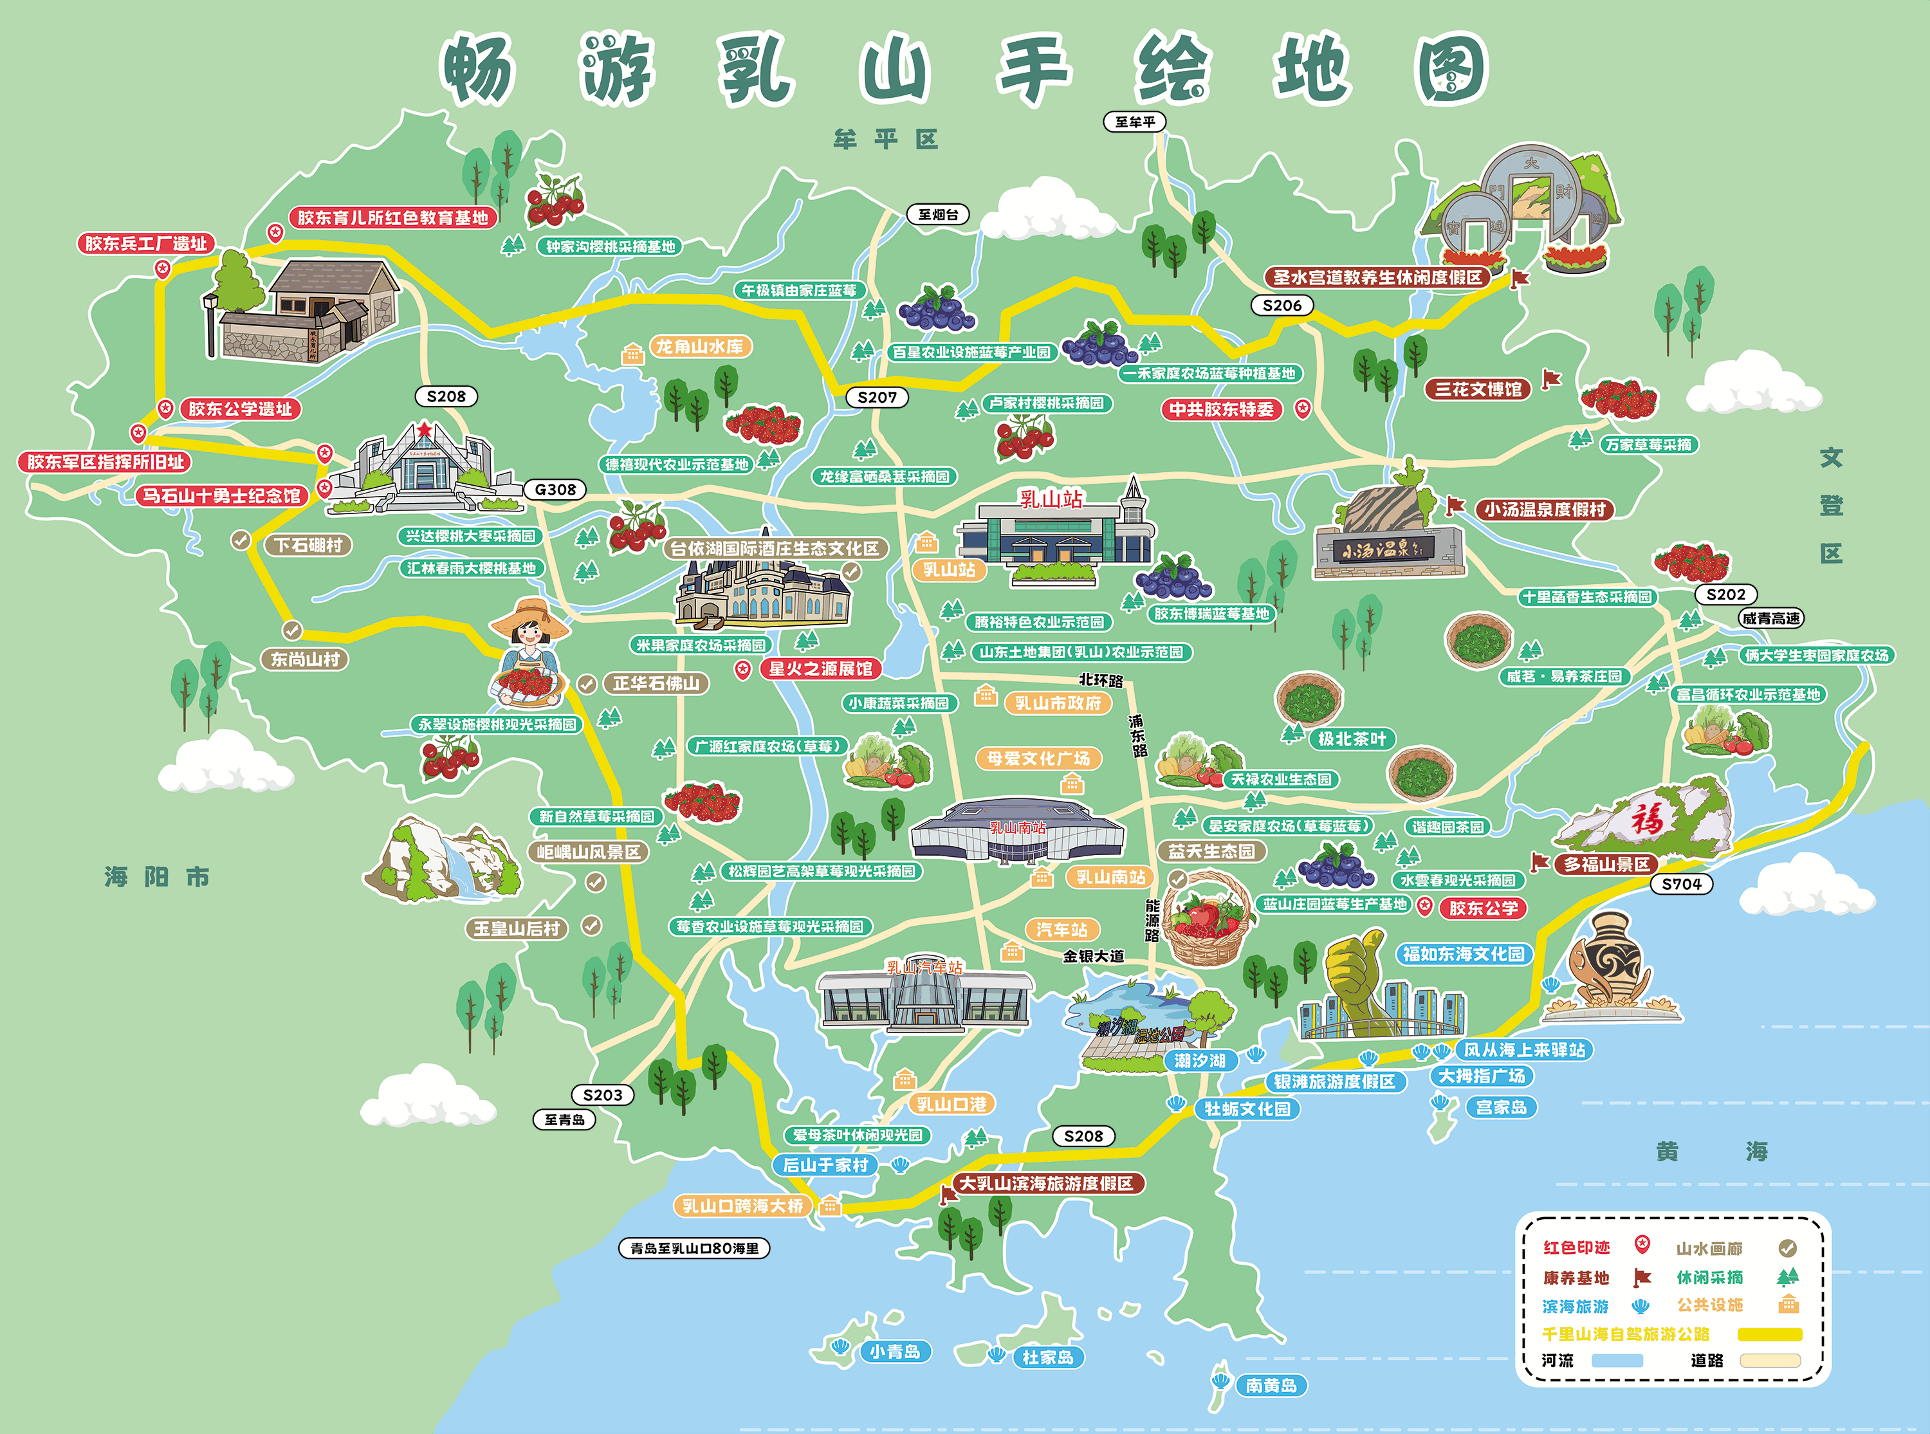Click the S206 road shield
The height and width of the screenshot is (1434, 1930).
click(x=1282, y=306)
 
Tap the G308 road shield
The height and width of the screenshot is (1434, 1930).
click(x=555, y=490)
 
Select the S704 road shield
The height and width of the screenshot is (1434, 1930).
click(x=1681, y=885)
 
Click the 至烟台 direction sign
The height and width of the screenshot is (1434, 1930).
click(x=938, y=214)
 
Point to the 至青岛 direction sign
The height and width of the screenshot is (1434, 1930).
click(x=564, y=1120)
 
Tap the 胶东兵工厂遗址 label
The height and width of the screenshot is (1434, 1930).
click(x=146, y=244)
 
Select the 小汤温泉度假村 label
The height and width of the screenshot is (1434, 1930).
click(x=1545, y=510)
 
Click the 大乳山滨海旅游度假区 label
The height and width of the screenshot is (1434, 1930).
click(x=1047, y=1184)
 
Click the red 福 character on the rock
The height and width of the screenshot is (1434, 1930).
click(x=1646, y=818)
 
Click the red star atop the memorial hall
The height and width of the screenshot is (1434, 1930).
click(x=423, y=430)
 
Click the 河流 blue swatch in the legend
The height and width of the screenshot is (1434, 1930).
click(x=1617, y=1360)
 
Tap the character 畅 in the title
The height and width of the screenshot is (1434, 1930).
click(x=478, y=69)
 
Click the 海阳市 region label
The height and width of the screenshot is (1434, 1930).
click(x=157, y=877)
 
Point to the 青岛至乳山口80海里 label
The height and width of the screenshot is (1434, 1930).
click(x=694, y=1248)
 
